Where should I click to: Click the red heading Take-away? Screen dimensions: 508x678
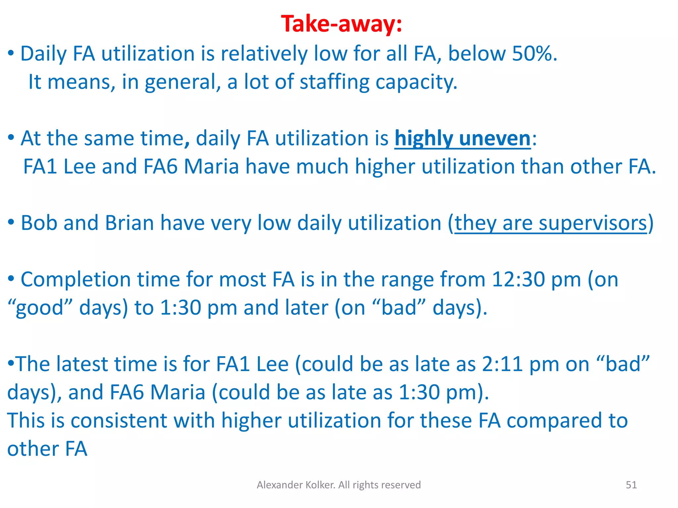click(341, 24)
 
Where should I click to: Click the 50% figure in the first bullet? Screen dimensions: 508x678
click(532, 54)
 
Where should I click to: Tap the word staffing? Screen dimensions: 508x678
click(334, 82)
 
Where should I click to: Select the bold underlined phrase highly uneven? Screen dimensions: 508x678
click(462, 138)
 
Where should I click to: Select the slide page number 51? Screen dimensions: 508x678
click(631, 485)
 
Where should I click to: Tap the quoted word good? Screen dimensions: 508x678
click(39, 308)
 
